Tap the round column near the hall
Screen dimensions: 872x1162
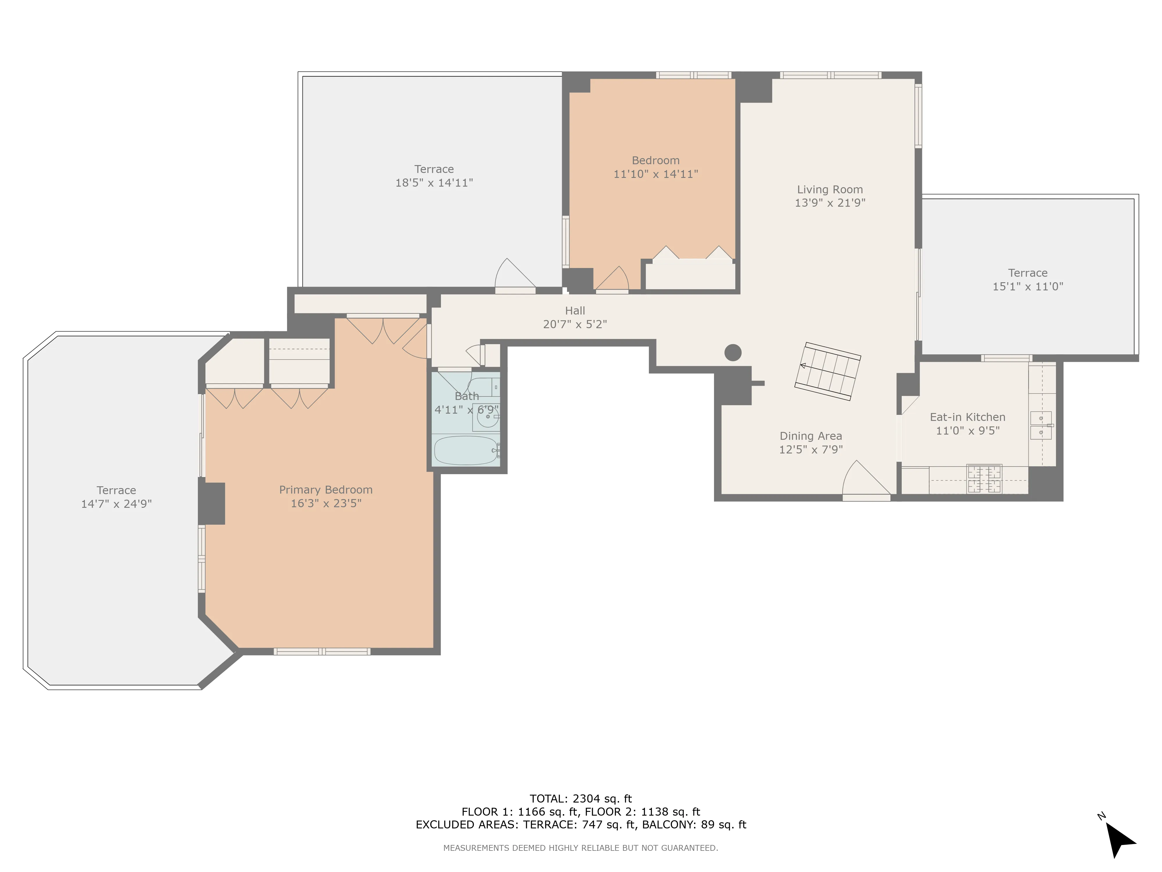coord(733,352)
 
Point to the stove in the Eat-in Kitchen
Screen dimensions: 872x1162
coord(984,479)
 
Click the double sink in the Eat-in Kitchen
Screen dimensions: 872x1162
coord(1041,425)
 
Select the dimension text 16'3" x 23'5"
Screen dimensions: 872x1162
coord(326,503)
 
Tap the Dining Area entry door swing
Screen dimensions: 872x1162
coord(864,479)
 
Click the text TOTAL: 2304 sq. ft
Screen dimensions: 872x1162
coord(580,798)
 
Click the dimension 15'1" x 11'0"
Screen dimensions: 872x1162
coord(1027,287)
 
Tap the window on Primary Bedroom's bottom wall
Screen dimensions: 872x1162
coord(322,652)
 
